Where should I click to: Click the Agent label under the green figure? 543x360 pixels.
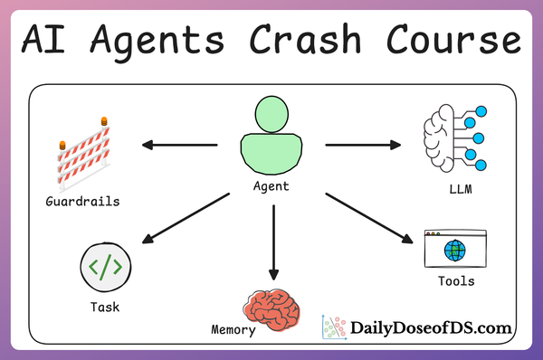point(271,187)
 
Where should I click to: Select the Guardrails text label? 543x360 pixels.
point(82,200)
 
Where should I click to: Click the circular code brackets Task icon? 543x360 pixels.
point(105,267)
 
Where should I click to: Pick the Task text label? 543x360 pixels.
point(105,307)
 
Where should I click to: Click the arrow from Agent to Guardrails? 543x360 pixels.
point(178,144)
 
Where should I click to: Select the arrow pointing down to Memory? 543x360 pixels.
point(271,242)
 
